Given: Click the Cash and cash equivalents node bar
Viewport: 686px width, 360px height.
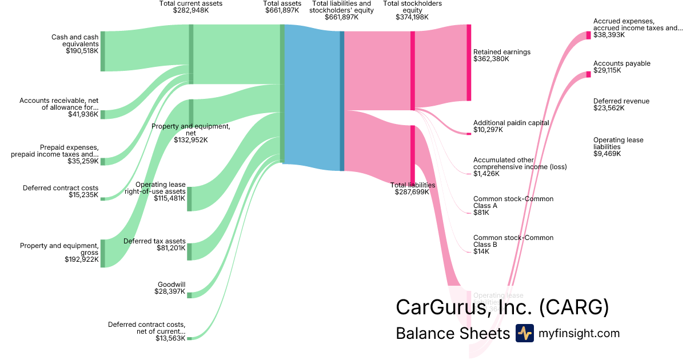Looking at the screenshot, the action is coord(103,51).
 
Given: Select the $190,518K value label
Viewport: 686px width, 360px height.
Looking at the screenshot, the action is coord(82,51).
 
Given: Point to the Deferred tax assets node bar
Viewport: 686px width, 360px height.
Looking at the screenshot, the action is coord(190,251).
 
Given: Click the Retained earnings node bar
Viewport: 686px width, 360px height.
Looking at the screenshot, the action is coord(469,63).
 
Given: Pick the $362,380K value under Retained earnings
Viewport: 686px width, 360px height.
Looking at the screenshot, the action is coord(491,59).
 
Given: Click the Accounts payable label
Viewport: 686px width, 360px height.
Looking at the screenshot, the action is coord(622,63).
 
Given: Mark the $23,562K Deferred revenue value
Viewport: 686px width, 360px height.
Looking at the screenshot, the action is coord(609,108).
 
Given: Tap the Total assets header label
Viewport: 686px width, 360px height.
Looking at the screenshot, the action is coord(282,3).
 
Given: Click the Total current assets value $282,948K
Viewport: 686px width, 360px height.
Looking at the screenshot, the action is coord(191,10).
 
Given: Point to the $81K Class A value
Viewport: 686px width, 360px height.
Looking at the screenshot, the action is coord(481,213).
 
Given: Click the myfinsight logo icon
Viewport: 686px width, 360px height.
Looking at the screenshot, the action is coord(525,333).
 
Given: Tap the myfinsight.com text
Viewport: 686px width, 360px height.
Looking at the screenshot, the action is coord(579,333).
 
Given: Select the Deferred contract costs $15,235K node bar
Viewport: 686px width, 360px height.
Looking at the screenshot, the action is coord(103,199).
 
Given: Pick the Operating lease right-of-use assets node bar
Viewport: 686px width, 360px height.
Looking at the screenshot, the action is coord(190,199).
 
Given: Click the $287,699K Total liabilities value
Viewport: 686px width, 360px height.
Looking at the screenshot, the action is coord(413,192).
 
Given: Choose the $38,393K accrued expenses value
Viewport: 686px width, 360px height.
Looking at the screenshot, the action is coord(609,35).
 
